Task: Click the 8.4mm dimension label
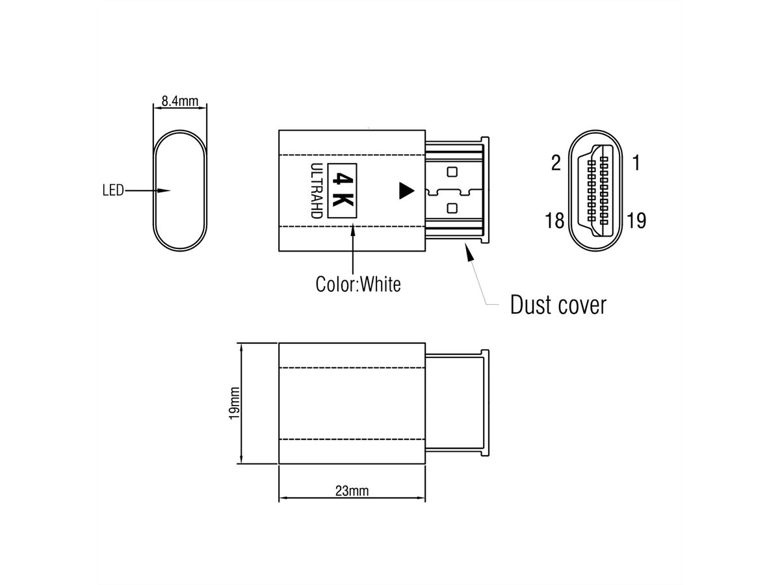179,101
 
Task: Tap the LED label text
112,191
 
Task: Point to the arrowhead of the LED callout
165,191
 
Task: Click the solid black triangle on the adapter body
406,190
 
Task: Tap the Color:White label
358,284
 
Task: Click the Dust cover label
558,304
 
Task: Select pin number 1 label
636,162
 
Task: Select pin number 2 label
556,162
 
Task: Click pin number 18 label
554,221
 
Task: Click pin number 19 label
637,221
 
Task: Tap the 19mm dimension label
235,404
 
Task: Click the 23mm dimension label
352,491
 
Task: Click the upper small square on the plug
452,172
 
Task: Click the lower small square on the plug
452,209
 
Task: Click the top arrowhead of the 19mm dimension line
241,346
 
